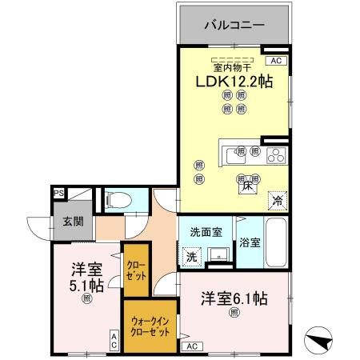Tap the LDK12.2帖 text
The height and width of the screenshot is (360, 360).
pyautogui.click(x=233, y=82)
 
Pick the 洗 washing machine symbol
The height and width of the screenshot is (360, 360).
pyautogui.click(x=191, y=257)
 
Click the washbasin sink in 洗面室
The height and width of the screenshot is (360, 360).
pyautogui.click(x=216, y=256)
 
